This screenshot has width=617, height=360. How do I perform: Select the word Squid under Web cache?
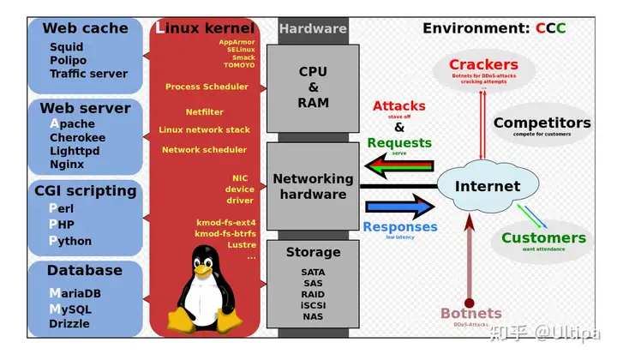[x=67, y=48]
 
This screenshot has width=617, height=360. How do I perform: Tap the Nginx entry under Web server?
[x=67, y=164]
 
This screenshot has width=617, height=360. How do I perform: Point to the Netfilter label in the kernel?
[x=204, y=111]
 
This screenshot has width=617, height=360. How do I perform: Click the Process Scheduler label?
[x=207, y=87]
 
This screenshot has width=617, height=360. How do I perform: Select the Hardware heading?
[x=313, y=28]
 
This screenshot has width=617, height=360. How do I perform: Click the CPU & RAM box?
[x=313, y=87]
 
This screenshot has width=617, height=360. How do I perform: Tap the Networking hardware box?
[x=313, y=186]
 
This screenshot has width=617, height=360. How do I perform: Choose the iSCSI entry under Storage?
[x=313, y=304]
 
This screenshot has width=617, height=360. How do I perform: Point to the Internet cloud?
[x=487, y=186]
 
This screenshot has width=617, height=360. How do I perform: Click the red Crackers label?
[x=483, y=65]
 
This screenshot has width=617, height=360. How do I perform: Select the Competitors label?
[x=542, y=123]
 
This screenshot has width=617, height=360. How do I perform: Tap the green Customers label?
[x=543, y=238]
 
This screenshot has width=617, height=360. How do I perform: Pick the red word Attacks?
[x=398, y=106]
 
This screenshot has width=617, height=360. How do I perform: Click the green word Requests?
[x=398, y=142]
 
